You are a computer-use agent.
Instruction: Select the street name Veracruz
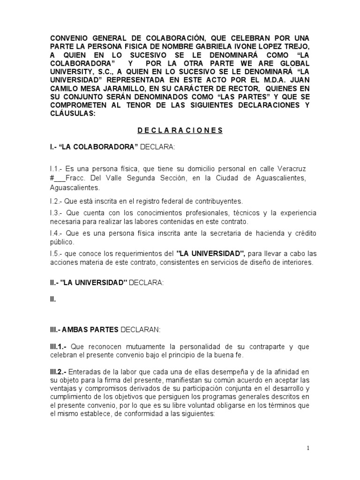click(x=294, y=168)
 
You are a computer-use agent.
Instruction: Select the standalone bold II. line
click(x=53, y=300)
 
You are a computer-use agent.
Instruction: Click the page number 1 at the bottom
click(x=308, y=448)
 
